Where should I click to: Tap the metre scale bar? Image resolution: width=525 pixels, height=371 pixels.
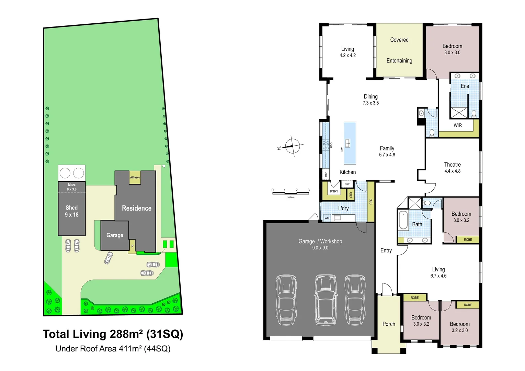(290, 193)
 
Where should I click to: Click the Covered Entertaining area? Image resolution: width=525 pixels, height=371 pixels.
(399, 50)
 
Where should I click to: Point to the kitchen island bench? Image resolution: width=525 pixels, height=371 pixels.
(350, 143)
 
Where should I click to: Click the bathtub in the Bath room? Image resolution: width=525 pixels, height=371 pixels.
(403, 220)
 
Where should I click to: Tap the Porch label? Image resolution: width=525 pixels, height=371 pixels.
(389, 324)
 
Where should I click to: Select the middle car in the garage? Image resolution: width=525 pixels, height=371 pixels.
(325, 300)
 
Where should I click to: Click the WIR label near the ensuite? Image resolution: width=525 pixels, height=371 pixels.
(457, 125)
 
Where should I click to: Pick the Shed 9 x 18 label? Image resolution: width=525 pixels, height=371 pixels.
(72, 211)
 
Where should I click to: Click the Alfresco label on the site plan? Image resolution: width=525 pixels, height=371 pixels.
(135, 177)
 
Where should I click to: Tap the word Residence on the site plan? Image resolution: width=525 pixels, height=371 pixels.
(137, 208)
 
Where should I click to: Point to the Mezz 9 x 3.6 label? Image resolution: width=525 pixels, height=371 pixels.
(72, 187)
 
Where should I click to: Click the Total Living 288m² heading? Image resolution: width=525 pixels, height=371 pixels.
(113, 334)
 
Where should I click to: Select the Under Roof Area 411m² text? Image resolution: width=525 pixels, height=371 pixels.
(113, 349)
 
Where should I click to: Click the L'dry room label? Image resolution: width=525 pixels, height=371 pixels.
(343, 208)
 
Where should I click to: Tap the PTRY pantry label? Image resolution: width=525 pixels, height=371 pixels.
(334, 191)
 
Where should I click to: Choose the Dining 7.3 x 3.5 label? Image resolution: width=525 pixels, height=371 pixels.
(370, 100)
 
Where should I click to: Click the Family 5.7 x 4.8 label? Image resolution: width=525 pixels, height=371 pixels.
(387, 151)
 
